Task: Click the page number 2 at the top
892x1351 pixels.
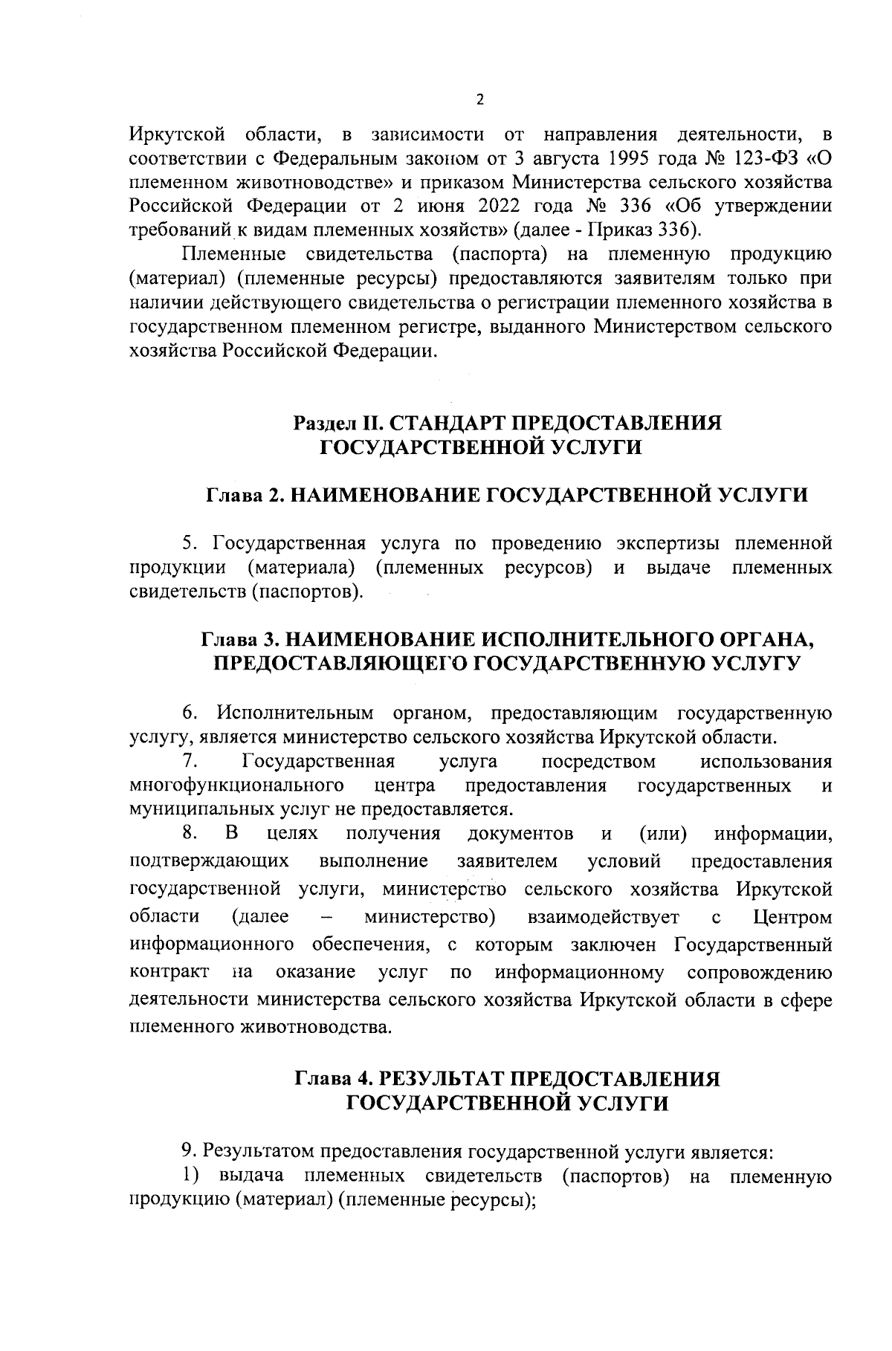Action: (479, 100)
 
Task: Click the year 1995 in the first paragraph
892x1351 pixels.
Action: (630, 158)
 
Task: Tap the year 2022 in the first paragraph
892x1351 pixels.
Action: (490, 207)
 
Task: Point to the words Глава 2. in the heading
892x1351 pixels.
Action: (242, 496)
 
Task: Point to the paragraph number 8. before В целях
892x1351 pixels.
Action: (188, 834)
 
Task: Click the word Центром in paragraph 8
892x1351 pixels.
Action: (792, 917)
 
